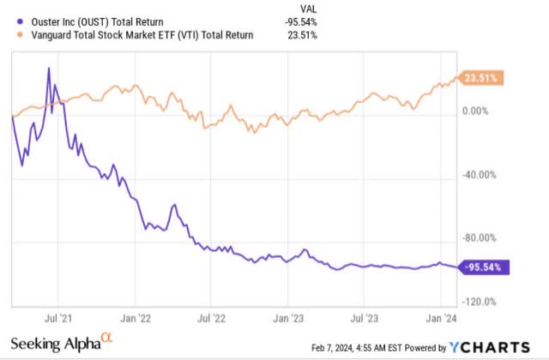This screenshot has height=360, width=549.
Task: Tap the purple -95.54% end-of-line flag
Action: pyautogui.click(x=486, y=267)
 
